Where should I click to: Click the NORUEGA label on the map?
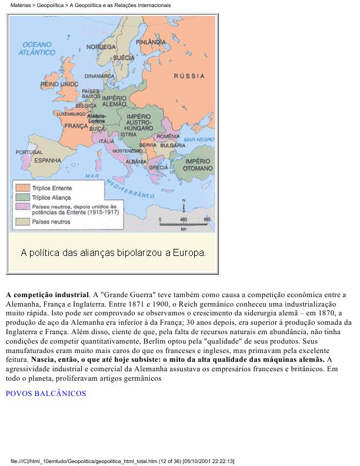(101, 46)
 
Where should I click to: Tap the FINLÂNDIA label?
(151, 43)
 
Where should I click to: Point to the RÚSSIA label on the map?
(189, 76)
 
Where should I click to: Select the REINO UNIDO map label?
(59, 85)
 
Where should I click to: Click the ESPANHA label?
(48, 159)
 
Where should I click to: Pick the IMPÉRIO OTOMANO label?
(198, 164)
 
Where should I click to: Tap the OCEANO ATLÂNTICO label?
(36, 48)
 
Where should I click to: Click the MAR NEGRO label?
(196, 139)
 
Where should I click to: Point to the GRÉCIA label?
(158, 167)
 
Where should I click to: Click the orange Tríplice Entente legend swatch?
(23, 188)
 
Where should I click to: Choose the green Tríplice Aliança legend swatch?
(23, 197)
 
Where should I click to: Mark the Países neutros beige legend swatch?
(23, 222)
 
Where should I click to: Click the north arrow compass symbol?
(184, 207)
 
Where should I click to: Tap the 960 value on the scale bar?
(206, 219)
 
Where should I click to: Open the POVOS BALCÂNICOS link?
(46, 393)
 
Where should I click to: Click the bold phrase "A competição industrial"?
(47, 294)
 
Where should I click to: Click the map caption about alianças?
(114, 253)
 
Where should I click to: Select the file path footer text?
(122, 461)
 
